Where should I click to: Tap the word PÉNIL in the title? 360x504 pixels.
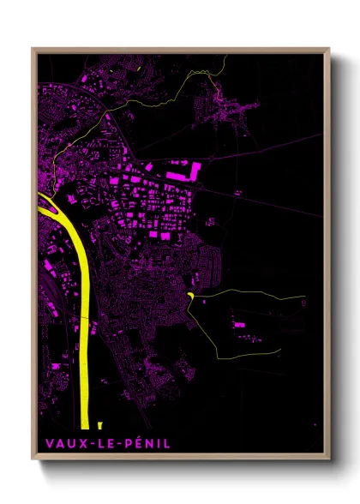click(147, 443)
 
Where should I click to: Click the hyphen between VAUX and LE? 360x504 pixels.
click(87, 444)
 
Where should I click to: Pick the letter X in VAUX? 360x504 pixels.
click(77, 443)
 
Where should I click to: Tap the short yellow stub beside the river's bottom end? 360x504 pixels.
click(100, 424)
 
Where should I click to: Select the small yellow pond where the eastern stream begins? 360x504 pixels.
click(190, 296)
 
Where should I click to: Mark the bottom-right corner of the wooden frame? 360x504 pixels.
click(330, 461)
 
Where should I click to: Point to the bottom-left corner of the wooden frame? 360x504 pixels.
click(33, 461)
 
